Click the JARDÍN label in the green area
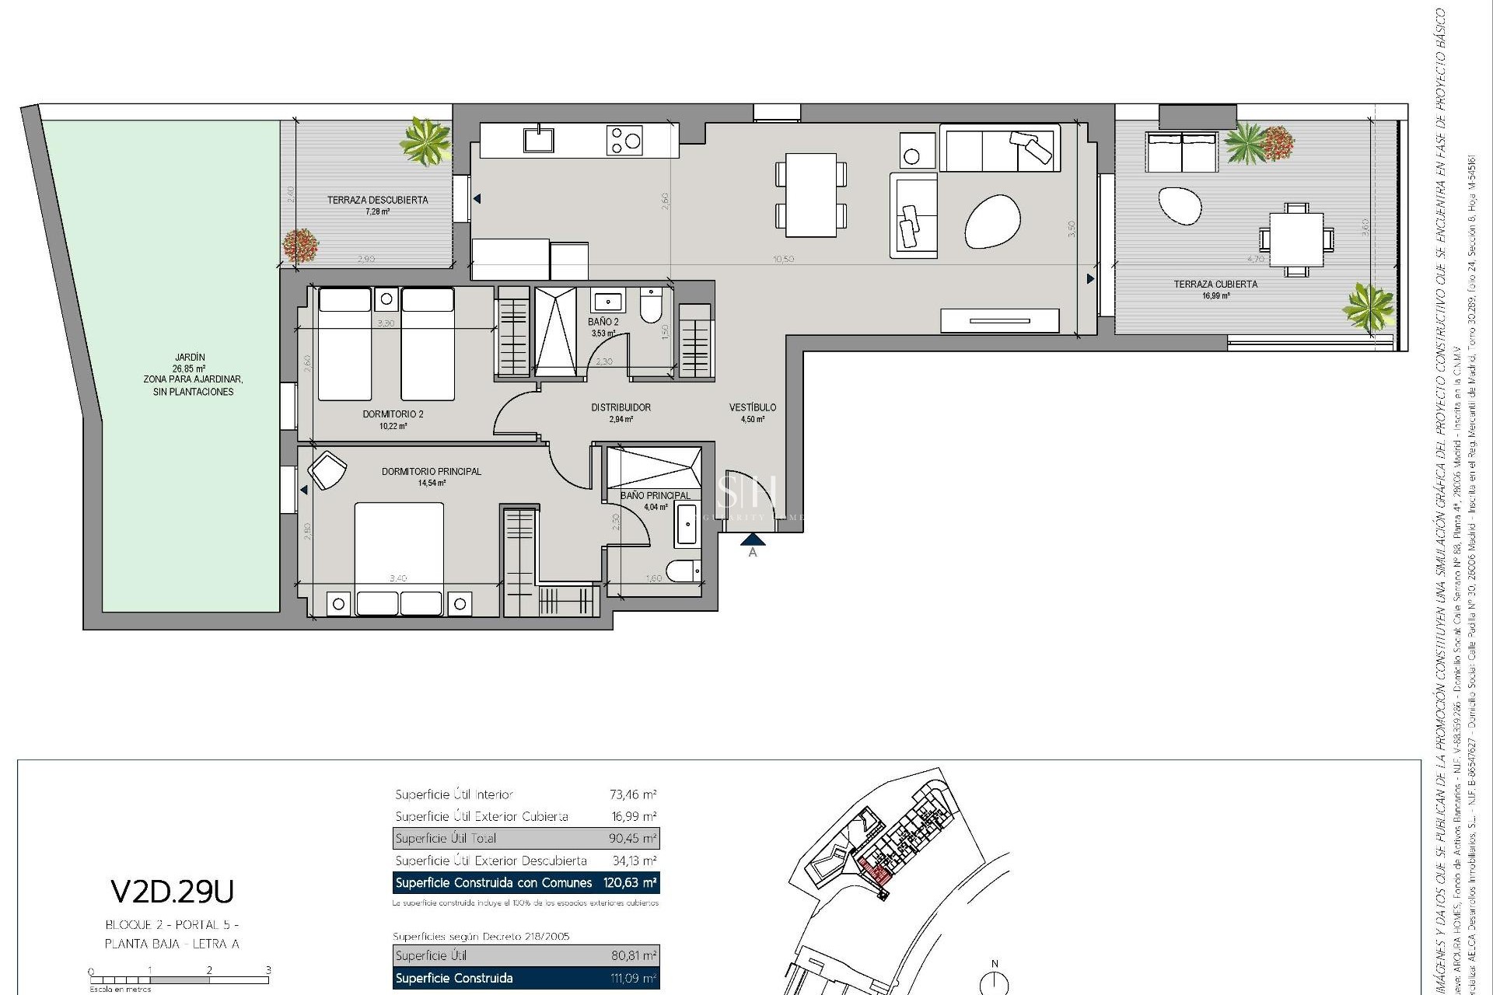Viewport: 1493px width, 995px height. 190,358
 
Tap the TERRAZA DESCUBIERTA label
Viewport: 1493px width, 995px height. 377,200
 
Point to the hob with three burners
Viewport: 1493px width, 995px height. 625,141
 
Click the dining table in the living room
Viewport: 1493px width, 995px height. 810,194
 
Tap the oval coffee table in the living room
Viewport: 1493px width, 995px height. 992,222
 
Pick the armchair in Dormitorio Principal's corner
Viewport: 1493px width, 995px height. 327,470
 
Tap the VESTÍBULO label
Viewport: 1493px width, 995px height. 752,407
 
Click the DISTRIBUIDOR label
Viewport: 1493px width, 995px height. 621,407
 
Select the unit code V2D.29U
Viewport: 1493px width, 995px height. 172,892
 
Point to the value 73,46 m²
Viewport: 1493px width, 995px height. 633,794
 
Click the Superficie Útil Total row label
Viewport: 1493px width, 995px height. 446,839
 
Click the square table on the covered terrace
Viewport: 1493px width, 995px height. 1296,239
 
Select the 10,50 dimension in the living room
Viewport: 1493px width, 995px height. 783,260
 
